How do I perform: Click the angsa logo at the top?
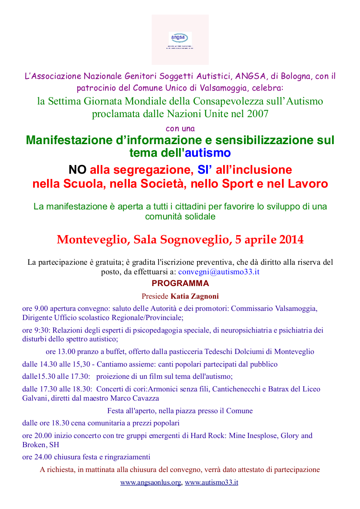pos(180,40)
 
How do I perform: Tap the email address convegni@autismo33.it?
pos(219,272)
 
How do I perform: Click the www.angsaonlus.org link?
pos(151,482)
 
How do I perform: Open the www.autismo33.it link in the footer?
pos(211,482)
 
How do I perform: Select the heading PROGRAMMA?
pos(180,283)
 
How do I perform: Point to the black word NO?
pos(78,169)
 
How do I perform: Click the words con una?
pos(180,128)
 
